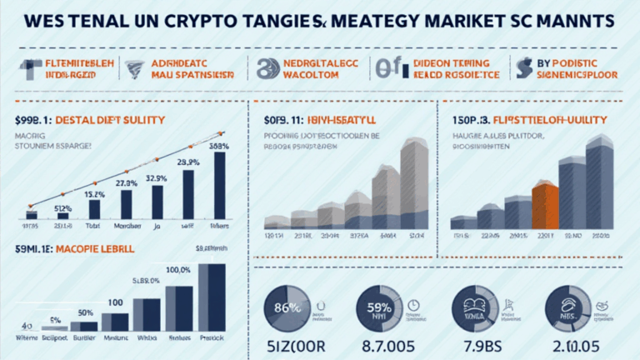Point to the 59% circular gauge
[x=379, y=307]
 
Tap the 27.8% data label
[x=126, y=182]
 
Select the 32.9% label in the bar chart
[x=157, y=177]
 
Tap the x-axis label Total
[x=93, y=225]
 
